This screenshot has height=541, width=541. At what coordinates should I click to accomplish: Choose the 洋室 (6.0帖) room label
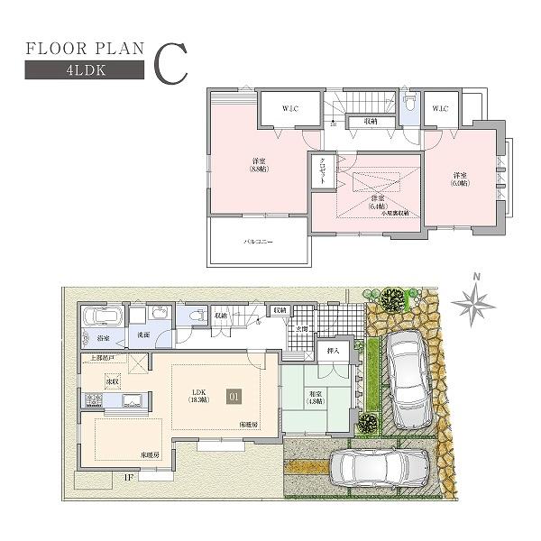(460, 179)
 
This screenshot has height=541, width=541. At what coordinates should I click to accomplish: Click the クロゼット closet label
(321, 170)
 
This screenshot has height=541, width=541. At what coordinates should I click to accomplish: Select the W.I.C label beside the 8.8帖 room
(289, 109)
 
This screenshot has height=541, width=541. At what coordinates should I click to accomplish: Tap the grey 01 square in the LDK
(234, 394)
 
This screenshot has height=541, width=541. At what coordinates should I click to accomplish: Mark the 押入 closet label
(332, 351)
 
